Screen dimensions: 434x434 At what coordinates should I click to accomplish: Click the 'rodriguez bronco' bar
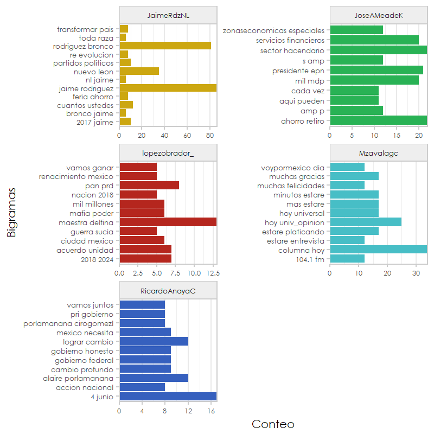tap(165, 46)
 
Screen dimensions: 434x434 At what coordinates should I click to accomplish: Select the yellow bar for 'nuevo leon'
tap(139, 71)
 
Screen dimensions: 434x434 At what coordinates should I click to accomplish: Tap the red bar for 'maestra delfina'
tap(168, 222)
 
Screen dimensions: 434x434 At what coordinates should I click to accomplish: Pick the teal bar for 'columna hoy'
tap(378, 250)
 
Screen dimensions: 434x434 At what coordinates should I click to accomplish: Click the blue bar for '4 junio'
tap(168, 397)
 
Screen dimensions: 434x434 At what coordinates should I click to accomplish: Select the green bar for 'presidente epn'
tap(376, 70)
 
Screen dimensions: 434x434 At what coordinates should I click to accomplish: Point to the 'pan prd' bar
tap(149, 185)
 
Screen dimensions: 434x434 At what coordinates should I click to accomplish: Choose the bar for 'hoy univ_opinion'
tap(366, 222)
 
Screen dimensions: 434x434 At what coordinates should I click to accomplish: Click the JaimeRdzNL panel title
tap(168, 16)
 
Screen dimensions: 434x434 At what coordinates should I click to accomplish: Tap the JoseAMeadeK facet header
tap(378, 16)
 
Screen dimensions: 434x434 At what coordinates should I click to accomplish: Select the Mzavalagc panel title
tap(378, 154)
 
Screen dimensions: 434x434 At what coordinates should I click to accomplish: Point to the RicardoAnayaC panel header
tap(168, 291)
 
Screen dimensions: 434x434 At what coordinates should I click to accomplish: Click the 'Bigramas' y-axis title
tap(11, 212)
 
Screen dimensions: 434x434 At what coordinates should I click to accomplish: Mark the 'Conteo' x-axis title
tap(273, 424)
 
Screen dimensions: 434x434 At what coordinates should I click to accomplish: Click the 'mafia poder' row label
tap(92, 213)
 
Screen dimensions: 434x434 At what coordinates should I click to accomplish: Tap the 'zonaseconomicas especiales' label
tap(273, 30)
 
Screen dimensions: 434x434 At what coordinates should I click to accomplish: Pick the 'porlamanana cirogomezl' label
tap(68, 323)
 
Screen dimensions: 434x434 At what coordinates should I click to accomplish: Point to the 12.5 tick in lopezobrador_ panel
tap(213, 273)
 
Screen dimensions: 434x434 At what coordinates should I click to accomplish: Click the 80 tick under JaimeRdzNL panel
tap(210, 135)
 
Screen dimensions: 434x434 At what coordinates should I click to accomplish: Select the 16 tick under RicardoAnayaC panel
tap(211, 411)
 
